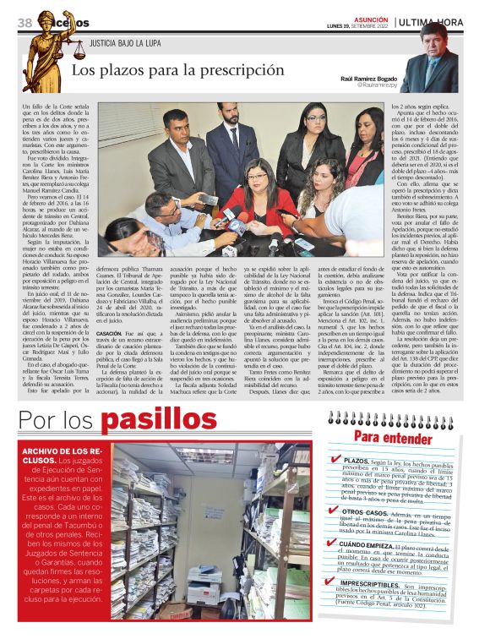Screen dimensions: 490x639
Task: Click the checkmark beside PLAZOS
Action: point(336,460)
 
